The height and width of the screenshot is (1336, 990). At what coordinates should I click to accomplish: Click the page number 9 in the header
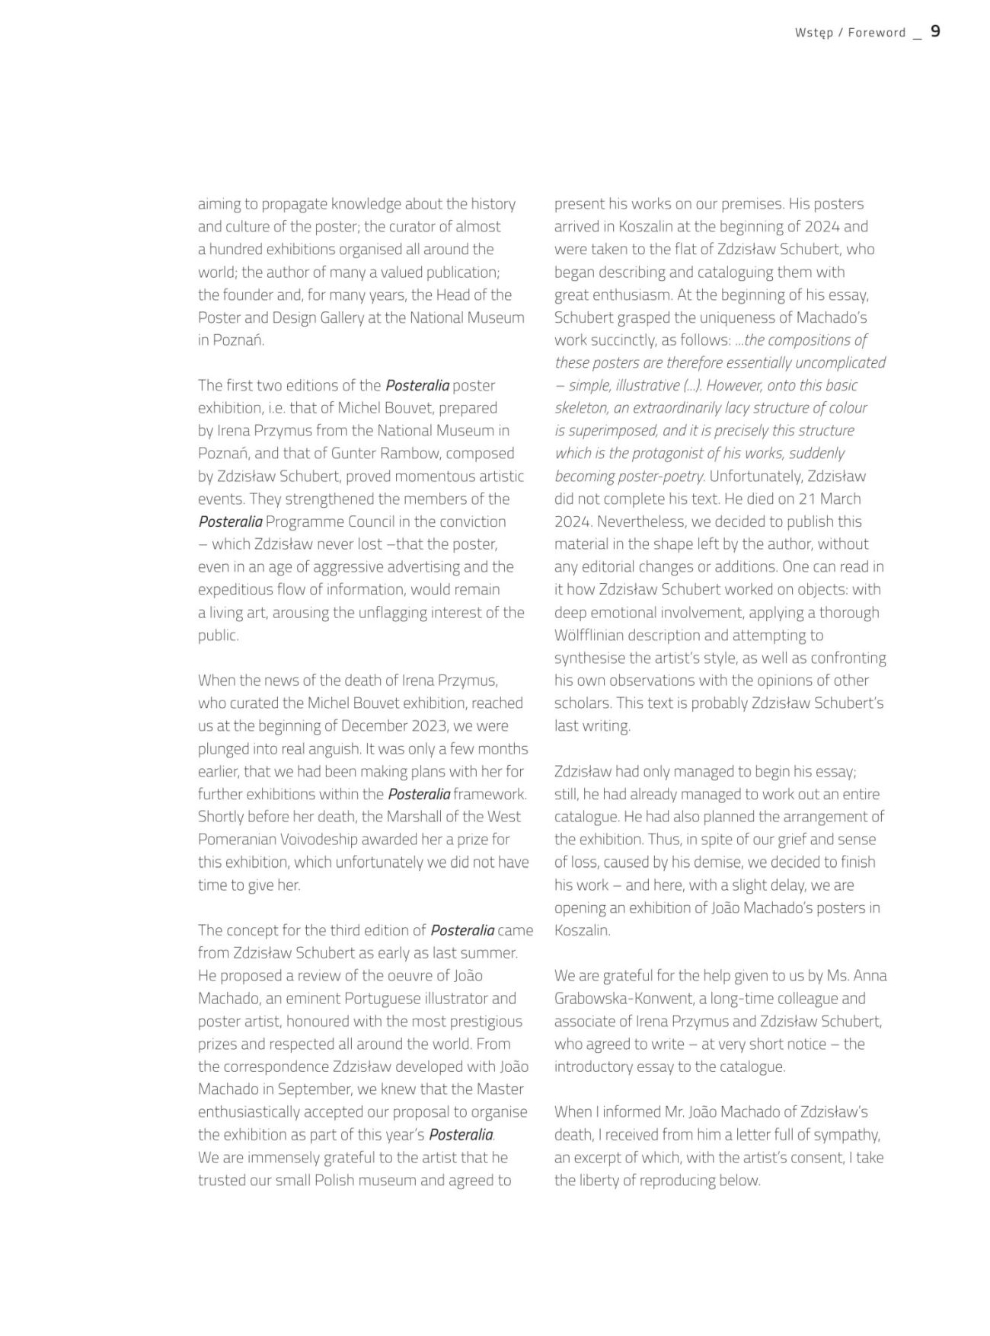pos(935,31)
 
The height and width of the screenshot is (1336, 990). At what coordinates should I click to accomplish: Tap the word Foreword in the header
pos(877,33)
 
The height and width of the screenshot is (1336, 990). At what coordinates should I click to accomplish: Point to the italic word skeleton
pos(581,408)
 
